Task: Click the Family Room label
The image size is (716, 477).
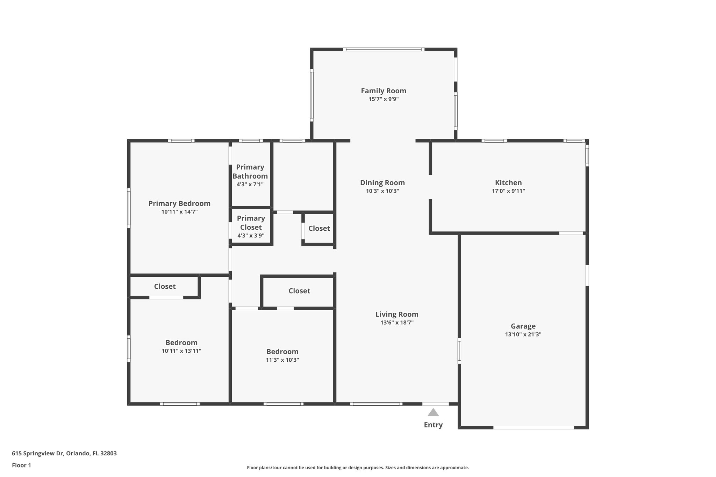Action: tap(384, 91)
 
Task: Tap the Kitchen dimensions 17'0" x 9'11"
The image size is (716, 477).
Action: tap(508, 191)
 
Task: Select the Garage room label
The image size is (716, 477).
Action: tap(523, 326)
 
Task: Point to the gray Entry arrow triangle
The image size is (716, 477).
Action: tap(433, 413)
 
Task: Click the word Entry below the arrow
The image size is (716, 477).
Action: tap(433, 425)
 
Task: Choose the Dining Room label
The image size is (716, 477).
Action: tap(382, 183)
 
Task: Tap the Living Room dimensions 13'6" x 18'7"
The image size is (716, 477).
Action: tap(397, 323)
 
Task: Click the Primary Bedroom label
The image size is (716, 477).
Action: tap(179, 203)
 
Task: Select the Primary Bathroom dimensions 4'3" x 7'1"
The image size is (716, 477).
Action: tap(250, 185)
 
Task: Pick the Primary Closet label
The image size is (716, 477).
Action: tap(251, 223)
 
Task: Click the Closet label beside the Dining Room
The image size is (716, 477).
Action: tap(319, 228)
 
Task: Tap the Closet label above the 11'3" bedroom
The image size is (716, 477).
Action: tap(299, 291)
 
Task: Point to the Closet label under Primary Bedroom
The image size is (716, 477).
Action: tap(165, 286)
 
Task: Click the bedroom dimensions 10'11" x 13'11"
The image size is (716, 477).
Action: tap(181, 351)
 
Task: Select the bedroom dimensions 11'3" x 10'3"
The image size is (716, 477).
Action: tap(282, 360)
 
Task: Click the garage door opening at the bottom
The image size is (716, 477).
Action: tap(534, 427)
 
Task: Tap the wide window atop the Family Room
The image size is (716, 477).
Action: tap(384, 50)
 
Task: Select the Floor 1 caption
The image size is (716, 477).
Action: tap(21, 465)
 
